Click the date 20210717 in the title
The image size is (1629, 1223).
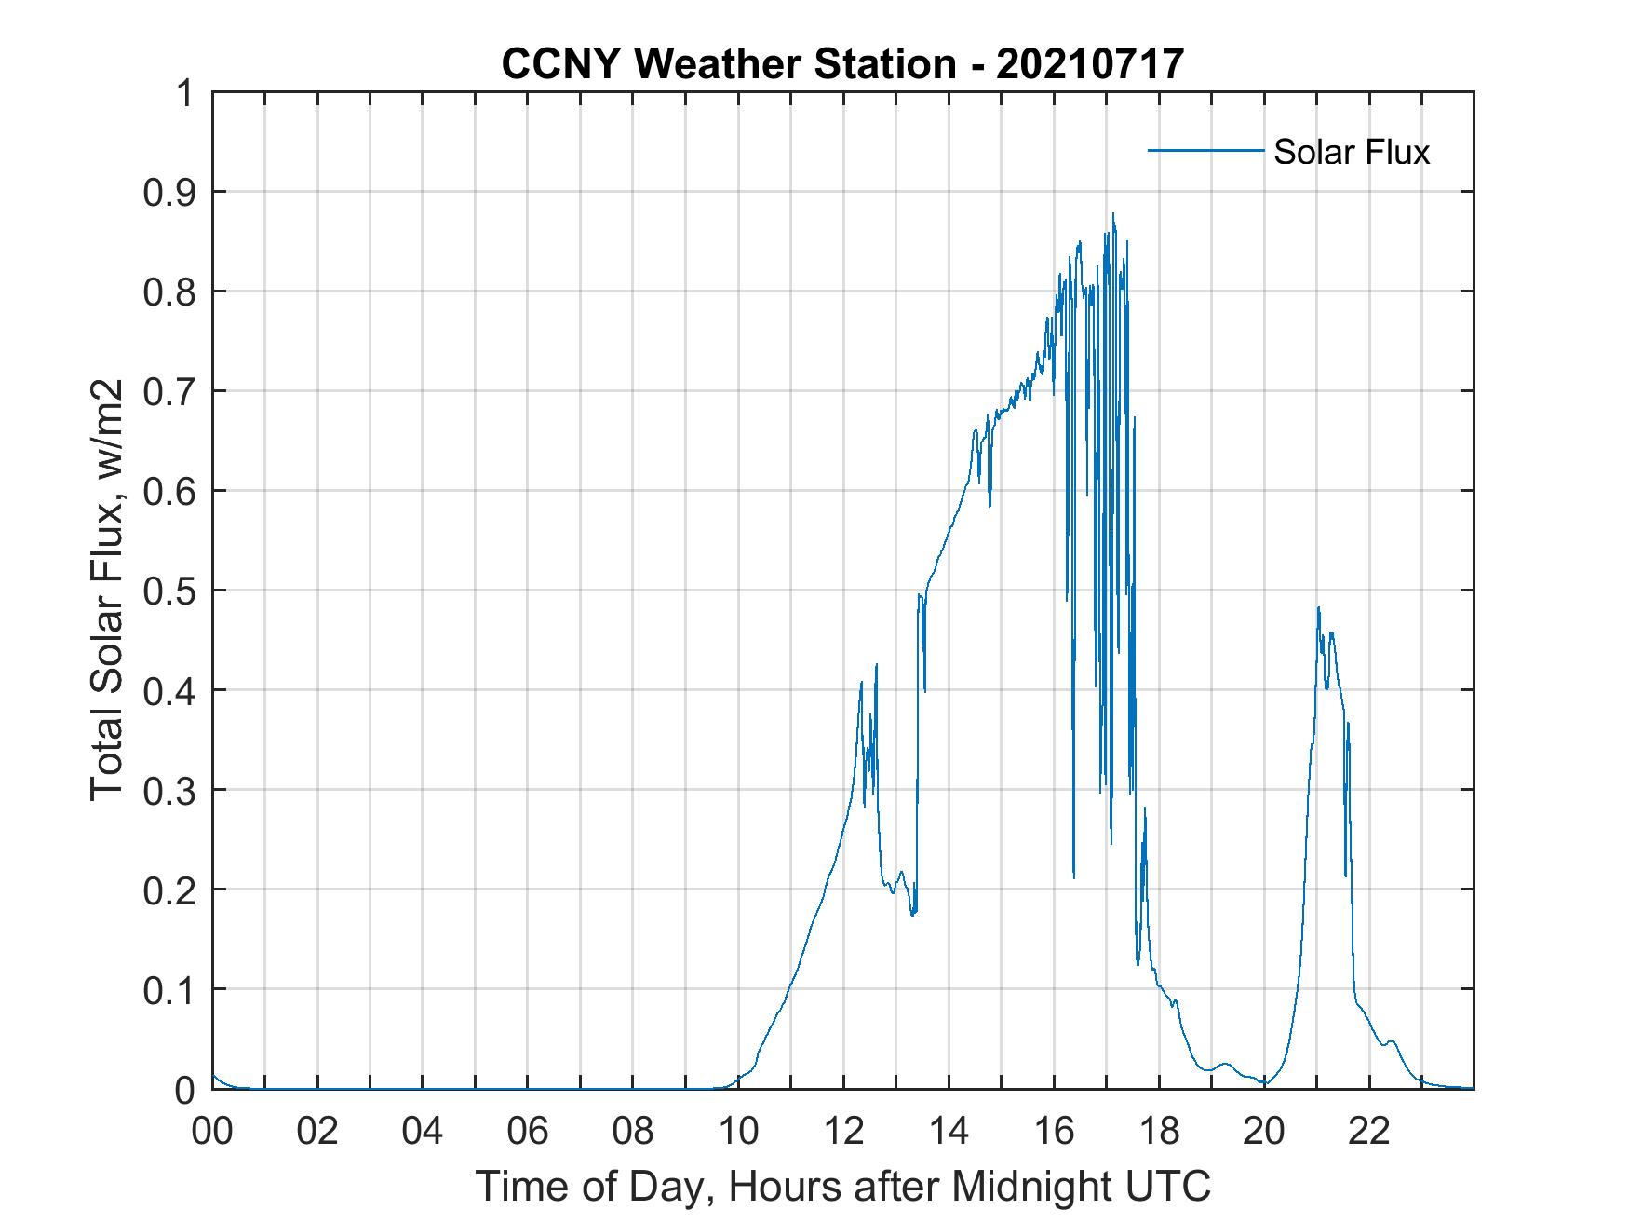pos(1089,64)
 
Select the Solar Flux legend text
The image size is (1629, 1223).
pos(1351,152)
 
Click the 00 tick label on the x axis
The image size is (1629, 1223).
pos(212,1131)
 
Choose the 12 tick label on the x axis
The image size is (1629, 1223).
pos(842,1131)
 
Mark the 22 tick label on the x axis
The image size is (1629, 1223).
pos(1369,1131)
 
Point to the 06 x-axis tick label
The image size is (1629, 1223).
pos(528,1131)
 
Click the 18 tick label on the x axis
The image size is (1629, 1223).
pos(1159,1131)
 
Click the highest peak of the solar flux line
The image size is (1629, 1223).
pos(1112,214)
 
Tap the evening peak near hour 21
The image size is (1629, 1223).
pos(1318,608)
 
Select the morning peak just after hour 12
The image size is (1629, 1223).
pos(876,664)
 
